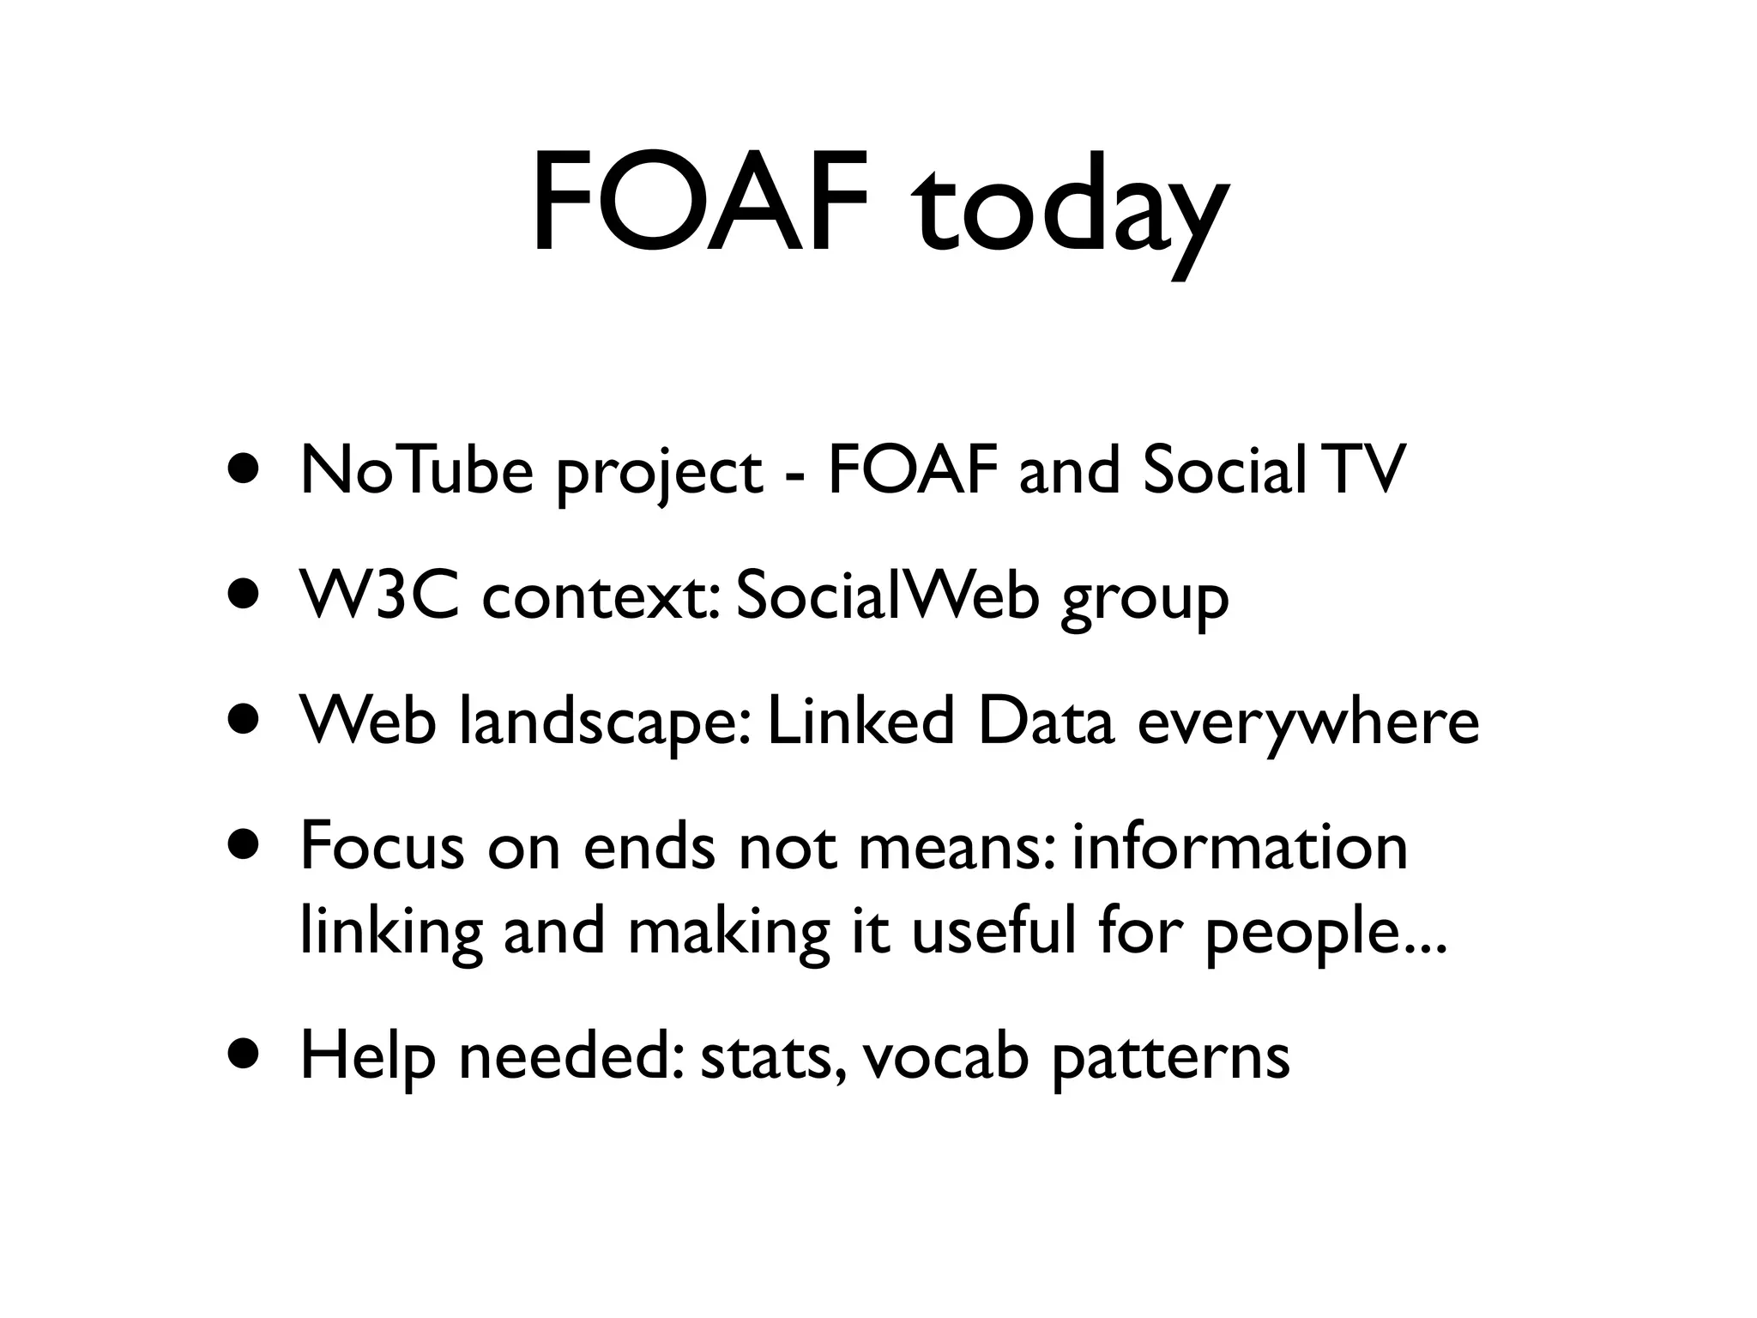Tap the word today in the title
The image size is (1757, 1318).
click(x=1070, y=210)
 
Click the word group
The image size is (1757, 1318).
click(x=1144, y=601)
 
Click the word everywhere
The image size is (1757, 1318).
click(x=1308, y=725)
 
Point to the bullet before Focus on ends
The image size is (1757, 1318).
click(x=244, y=845)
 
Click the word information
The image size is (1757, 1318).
click(x=1239, y=846)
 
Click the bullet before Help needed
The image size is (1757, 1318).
click(x=244, y=1055)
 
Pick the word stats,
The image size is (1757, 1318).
click(x=776, y=1058)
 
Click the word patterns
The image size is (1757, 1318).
click(x=1170, y=1060)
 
